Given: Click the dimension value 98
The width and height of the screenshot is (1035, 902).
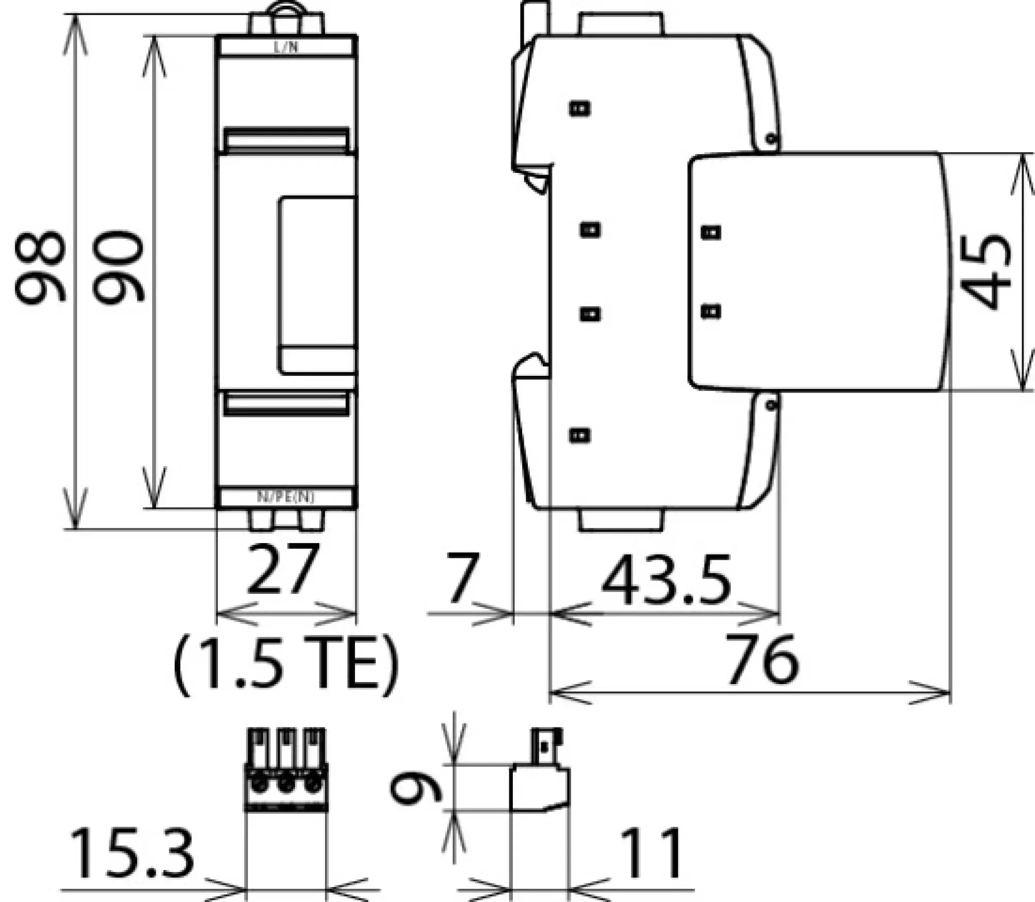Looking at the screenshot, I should coord(40,267).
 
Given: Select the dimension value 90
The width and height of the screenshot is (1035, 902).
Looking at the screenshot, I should coord(118,267).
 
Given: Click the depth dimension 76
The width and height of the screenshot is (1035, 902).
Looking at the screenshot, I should coord(762,660).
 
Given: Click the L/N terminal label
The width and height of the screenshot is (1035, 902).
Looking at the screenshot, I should coord(286,48).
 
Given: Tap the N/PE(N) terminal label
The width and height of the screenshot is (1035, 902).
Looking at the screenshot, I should coord(286,497).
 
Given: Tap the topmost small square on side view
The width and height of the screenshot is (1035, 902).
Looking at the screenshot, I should coord(580,109).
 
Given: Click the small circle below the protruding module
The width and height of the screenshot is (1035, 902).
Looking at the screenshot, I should coord(771,405).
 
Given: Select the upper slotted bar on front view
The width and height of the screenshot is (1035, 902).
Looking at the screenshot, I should coord(286,141).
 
